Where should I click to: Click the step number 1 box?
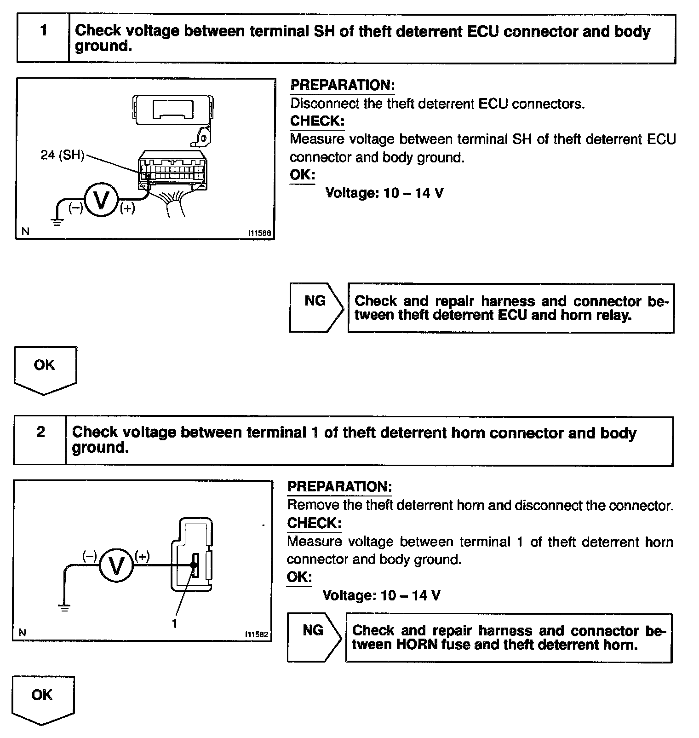(43, 39)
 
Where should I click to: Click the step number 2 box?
(40, 440)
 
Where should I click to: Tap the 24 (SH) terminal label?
(63, 155)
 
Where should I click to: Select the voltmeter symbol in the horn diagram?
(116, 565)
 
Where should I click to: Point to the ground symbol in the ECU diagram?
(57, 222)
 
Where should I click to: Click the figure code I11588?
(259, 233)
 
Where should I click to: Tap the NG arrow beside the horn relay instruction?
(316, 307)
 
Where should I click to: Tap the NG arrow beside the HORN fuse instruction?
(314, 637)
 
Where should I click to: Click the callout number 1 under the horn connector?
(174, 623)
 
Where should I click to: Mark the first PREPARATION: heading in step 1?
(342, 85)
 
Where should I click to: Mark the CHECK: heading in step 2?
(314, 523)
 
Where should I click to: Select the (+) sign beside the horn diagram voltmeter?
(142, 556)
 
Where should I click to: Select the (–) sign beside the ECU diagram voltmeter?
(75, 208)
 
